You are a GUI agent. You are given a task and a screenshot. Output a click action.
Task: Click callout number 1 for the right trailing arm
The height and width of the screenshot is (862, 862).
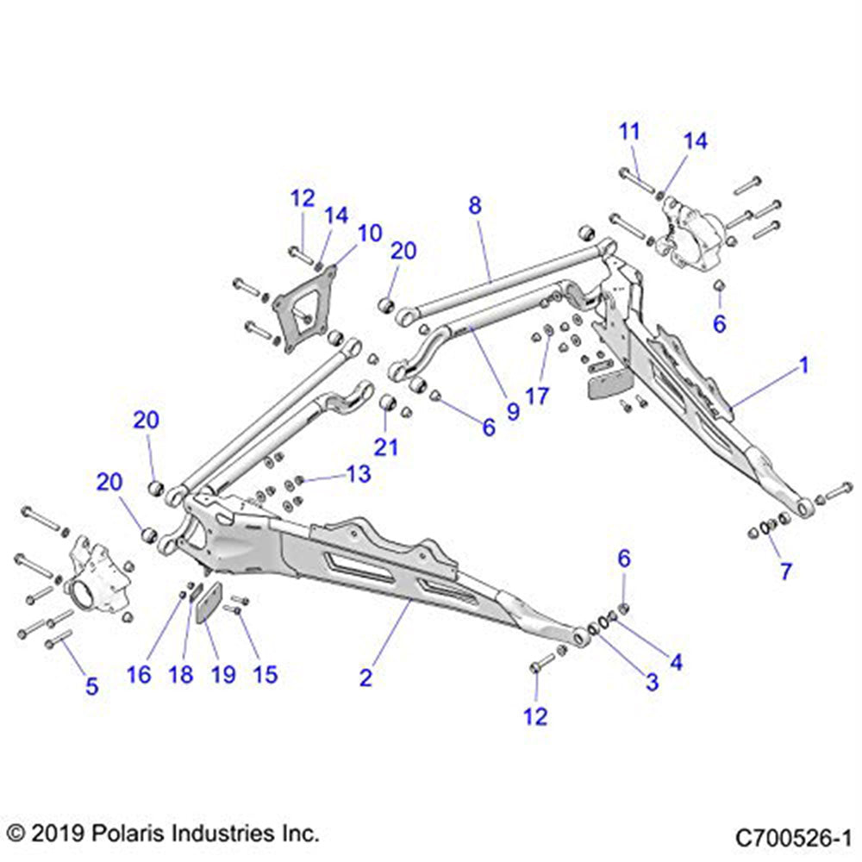tap(803, 365)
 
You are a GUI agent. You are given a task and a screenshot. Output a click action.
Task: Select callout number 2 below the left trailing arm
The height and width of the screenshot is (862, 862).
tap(365, 678)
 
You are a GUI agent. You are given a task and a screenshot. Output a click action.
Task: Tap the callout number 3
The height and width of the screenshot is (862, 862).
tap(652, 681)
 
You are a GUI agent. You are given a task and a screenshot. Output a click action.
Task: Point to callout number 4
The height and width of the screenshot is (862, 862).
tap(676, 662)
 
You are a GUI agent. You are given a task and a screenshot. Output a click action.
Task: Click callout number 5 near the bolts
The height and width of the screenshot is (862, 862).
tap(91, 686)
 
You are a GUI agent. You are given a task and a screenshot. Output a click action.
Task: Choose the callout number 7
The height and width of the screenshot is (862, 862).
tap(785, 571)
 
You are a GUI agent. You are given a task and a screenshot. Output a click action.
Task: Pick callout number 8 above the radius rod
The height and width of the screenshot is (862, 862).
tap(475, 206)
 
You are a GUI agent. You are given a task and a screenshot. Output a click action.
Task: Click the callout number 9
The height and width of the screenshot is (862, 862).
tap(513, 411)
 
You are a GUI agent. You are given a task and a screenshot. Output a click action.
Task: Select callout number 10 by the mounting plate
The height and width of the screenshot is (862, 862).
tap(369, 233)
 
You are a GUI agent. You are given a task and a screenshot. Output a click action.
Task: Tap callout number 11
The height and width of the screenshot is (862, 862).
tap(630, 132)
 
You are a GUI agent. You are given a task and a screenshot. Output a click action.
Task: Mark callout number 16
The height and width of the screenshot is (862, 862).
tap(140, 673)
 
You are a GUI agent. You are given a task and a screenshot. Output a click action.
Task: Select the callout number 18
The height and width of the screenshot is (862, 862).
tap(181, 673)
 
